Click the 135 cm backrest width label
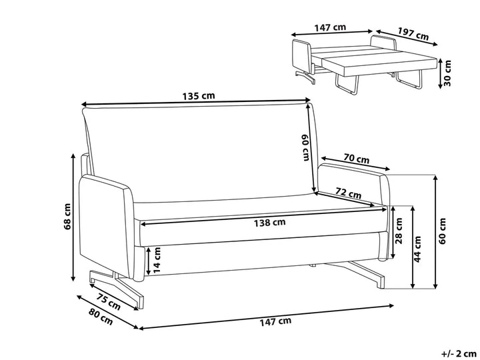click(x=199, y=96)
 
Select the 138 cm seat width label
click(x=270, y=223)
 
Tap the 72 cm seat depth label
click(x=349, y=193)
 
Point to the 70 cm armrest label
click(x=356, y=159)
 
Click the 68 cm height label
click(x=67, y=216)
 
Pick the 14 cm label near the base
click(x=157, y=260)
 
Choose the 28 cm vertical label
click(x=399, y=231)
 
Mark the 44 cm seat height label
click(x=417, y=249)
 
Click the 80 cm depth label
click(x=101, y=317)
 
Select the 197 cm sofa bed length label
click(x=413, y=33)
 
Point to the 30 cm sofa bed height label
click(x=447, y=73)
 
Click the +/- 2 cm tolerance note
click(x=460, y=354)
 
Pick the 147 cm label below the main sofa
click(x=275, y=321)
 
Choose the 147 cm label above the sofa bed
click(x=330, y=27)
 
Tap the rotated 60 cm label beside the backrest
click(x=305, y=147)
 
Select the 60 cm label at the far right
click(x=443, y=231)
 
